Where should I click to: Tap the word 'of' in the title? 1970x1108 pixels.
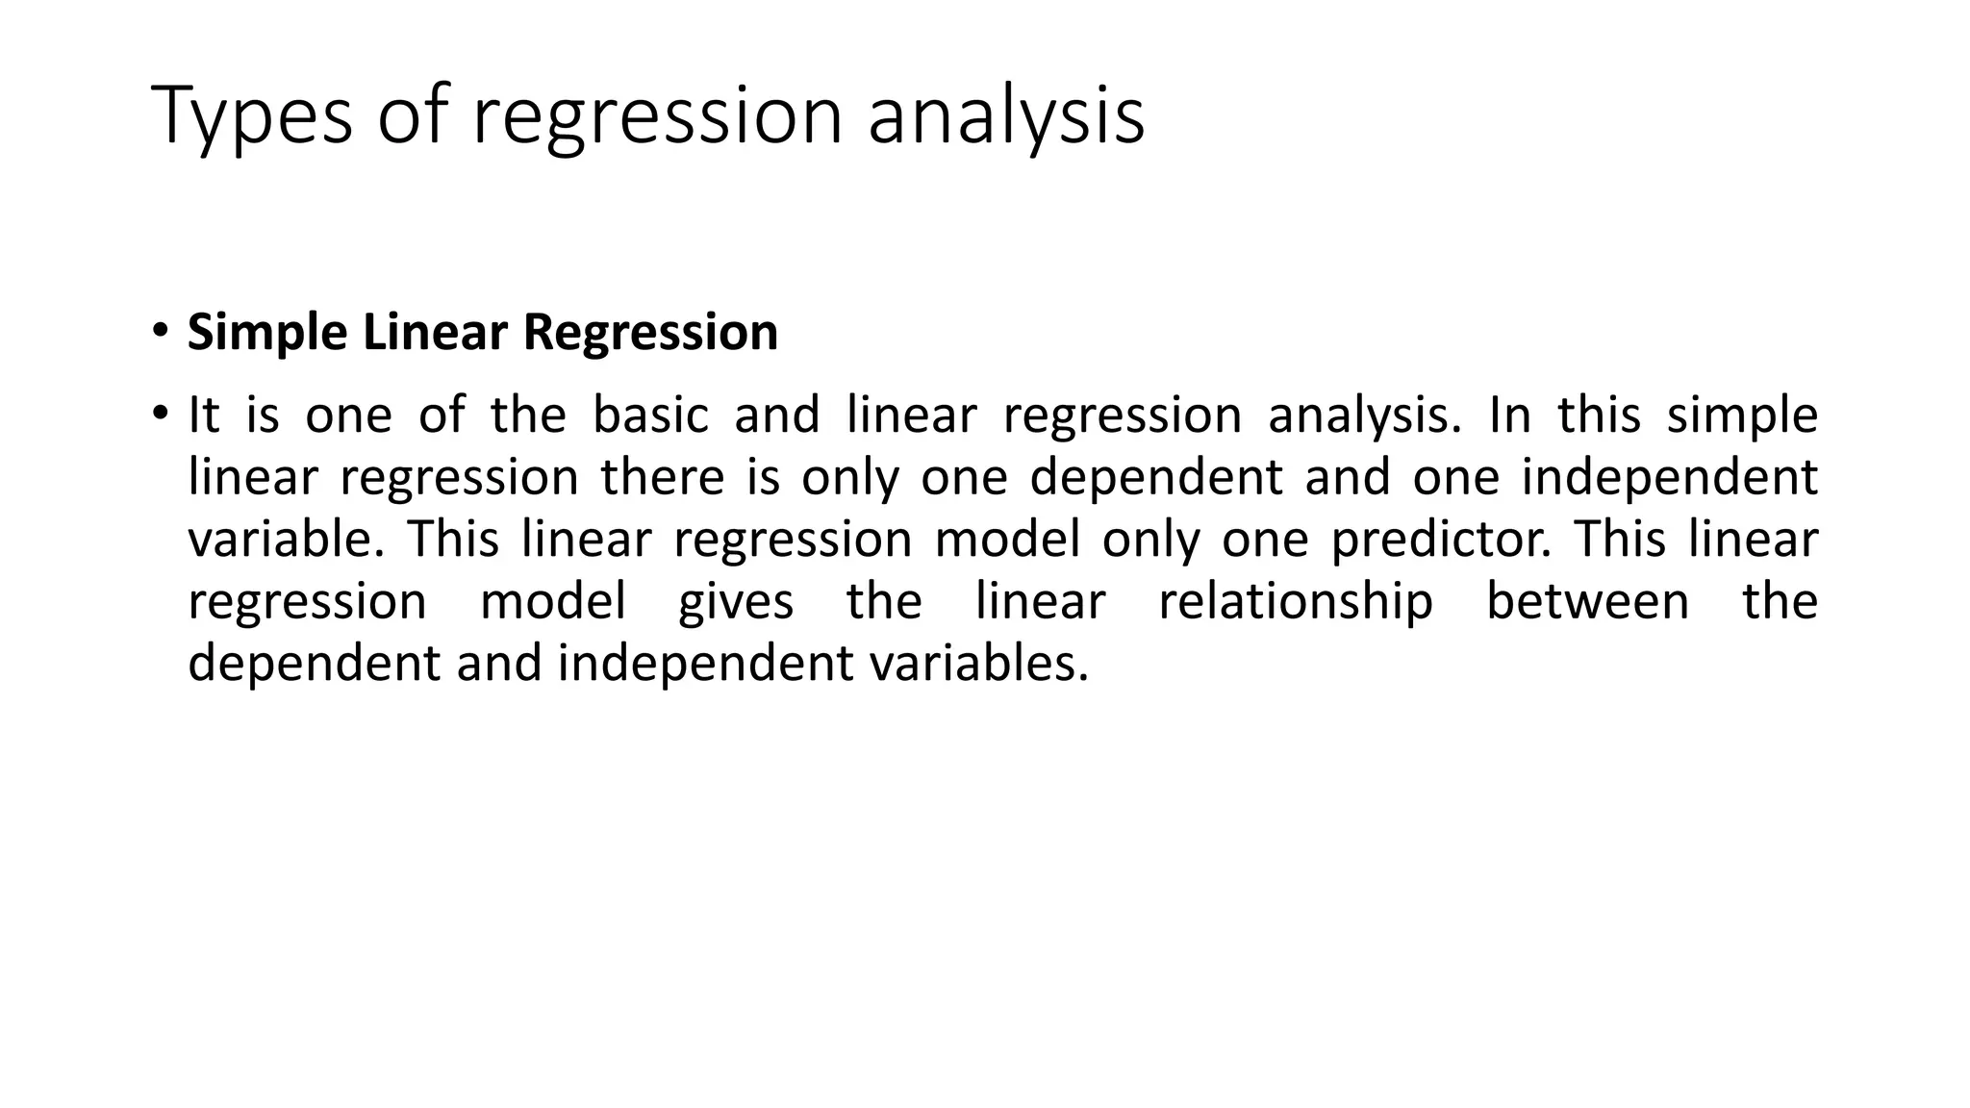tap(412, 115)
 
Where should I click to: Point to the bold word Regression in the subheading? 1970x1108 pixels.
tap(650, 334)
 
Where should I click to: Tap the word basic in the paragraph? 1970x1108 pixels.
tap(650, 415)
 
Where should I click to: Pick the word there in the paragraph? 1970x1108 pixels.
tap(662, 477)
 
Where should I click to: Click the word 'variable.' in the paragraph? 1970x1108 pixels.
tap(286, 539)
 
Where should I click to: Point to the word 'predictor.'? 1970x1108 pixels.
tap(1441, 541)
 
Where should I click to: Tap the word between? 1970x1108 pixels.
tap(1587, 601)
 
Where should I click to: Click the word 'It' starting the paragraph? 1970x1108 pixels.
tap(203, 415)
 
